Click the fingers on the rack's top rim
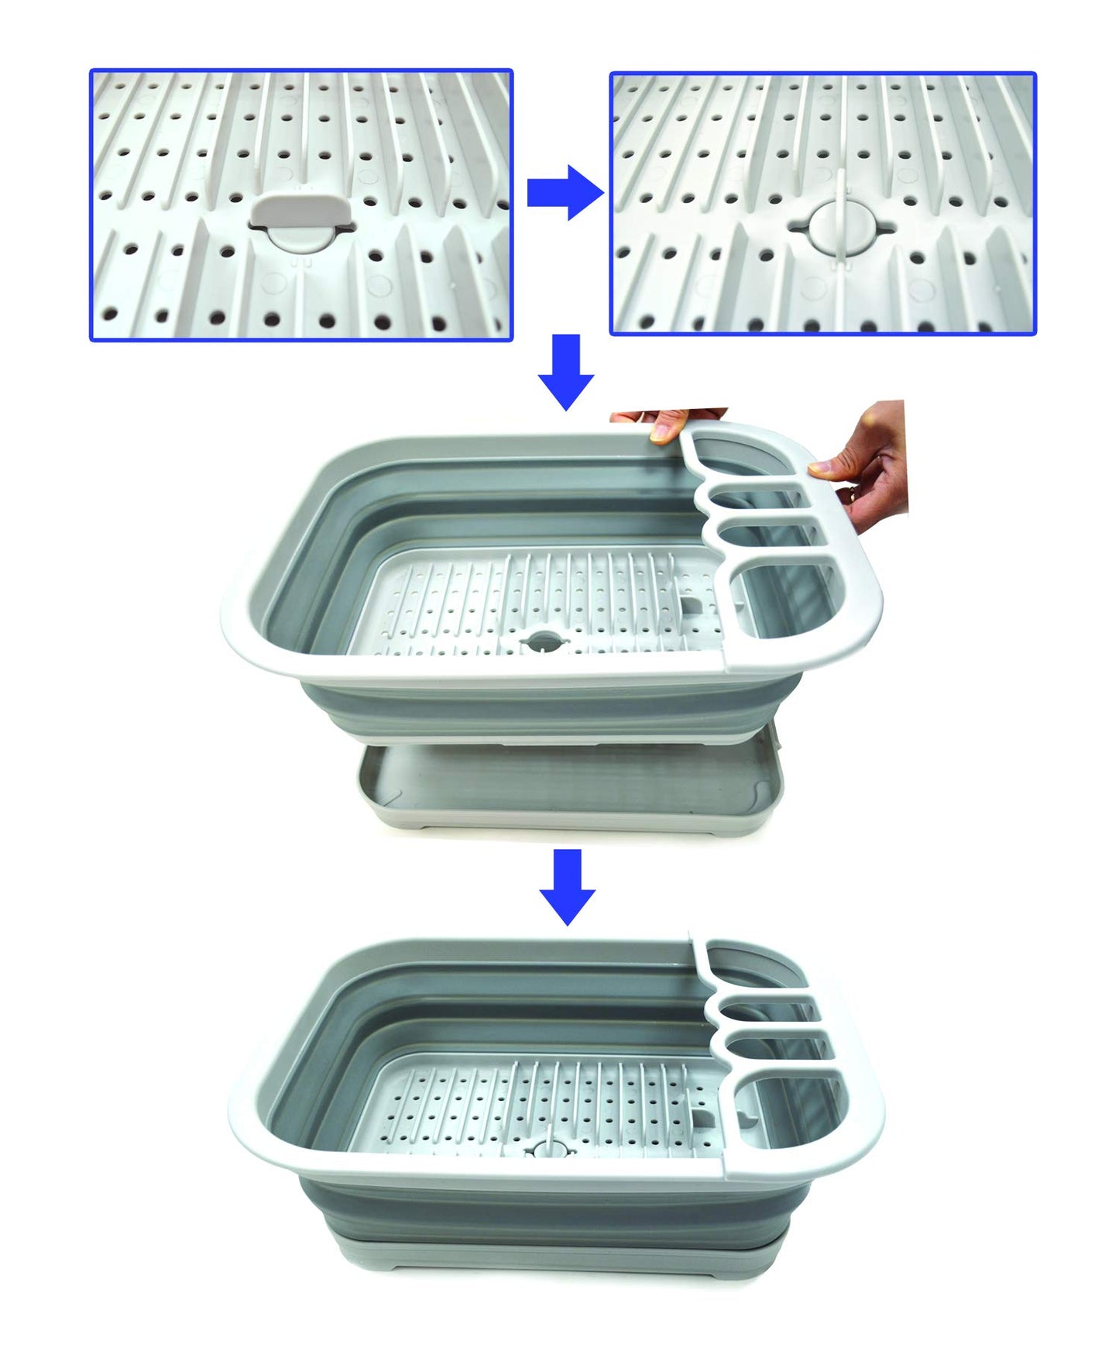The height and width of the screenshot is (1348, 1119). click(668, 424)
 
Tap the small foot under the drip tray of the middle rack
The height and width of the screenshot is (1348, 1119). click(422, 830)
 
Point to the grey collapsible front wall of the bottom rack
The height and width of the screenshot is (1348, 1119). click(542, 1209)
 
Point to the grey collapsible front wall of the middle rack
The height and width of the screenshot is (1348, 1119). click(542, 709)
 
